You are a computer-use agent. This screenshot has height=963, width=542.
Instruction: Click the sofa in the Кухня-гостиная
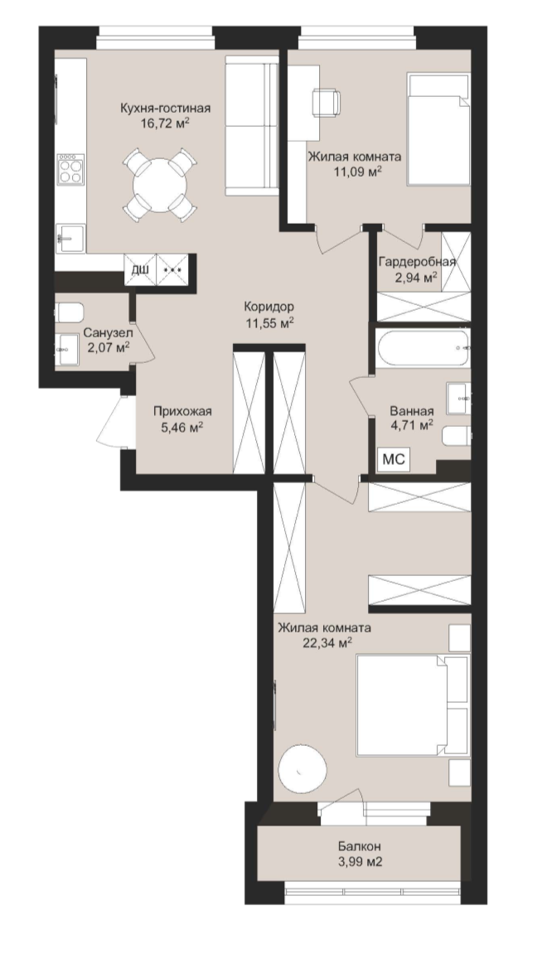[x=252, y=125]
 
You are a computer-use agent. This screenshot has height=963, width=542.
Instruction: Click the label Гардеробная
[x=417, y=262]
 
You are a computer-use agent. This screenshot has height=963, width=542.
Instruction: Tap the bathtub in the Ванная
[x=423, y=348]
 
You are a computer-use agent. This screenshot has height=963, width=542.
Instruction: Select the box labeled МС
[x=394, y=459]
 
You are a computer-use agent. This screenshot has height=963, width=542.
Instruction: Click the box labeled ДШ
[x=141, y=269]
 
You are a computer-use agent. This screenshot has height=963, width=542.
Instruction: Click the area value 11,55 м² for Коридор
[x=269, y=322]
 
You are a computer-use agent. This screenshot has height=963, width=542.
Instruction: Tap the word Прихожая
[x=182, y=412]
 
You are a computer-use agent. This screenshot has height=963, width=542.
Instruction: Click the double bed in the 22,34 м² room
[x=413, y=705]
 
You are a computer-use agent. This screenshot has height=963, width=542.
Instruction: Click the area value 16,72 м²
[x=164, y=123]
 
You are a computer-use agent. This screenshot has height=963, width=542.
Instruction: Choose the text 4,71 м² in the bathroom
[x=412, y=425]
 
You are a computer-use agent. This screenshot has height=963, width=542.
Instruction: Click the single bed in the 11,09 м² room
[x=438, y=129]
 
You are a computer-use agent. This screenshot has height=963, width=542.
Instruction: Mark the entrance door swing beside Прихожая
[x=113, y=422]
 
